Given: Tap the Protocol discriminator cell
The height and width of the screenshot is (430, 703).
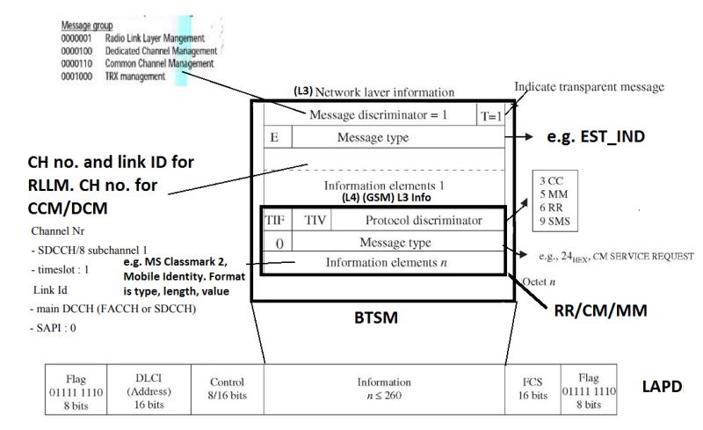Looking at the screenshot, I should tap(424, 220).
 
